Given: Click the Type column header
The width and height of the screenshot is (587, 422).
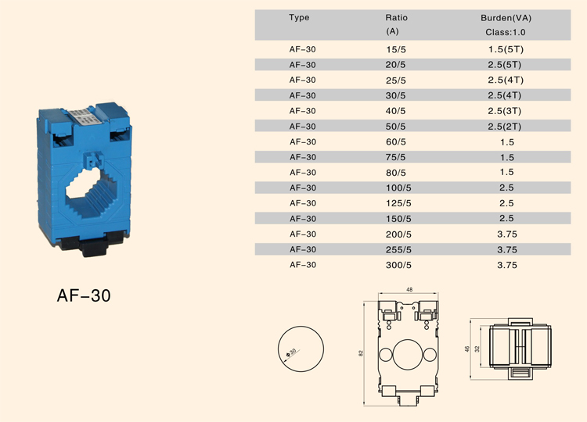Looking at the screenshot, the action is (x=299, y=17).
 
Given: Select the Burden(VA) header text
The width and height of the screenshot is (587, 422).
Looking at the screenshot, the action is (x=506, y=18).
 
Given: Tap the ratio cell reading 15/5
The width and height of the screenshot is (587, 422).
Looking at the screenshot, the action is (x=396, y=49).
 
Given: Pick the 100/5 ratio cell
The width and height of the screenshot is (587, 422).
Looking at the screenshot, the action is (x=398, y=188).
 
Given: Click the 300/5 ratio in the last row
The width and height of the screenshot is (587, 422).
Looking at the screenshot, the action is (x=398, y=265).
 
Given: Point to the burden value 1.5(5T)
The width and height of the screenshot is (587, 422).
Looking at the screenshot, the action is (x=506, y=49).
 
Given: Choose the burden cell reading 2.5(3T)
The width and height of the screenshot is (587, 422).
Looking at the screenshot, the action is (x=504, y=111).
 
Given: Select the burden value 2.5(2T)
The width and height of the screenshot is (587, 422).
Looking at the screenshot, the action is (x=504, y=127).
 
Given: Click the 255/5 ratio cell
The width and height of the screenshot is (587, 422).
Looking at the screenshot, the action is (x=398, y=249).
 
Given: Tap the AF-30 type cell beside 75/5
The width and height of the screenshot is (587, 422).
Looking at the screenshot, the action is (x=302, y=157).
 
